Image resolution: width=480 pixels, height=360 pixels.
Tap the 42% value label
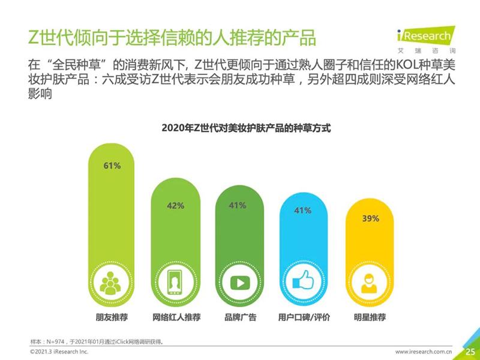[x=175, y=206]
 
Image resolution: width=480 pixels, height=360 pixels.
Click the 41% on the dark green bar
[x=238, y=206]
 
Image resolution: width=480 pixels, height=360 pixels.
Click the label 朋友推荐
[x=112, y=317]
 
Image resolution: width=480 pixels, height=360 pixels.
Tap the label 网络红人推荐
[x=176, y=317]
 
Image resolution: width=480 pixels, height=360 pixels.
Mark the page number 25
[x=470, y=351]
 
